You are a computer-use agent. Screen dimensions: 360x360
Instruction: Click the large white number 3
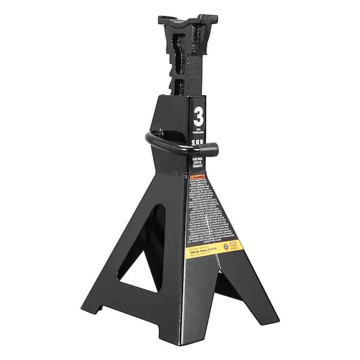199,116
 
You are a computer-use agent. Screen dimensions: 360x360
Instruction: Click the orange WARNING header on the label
197,178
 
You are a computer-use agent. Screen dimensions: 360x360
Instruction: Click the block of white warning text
206,210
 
